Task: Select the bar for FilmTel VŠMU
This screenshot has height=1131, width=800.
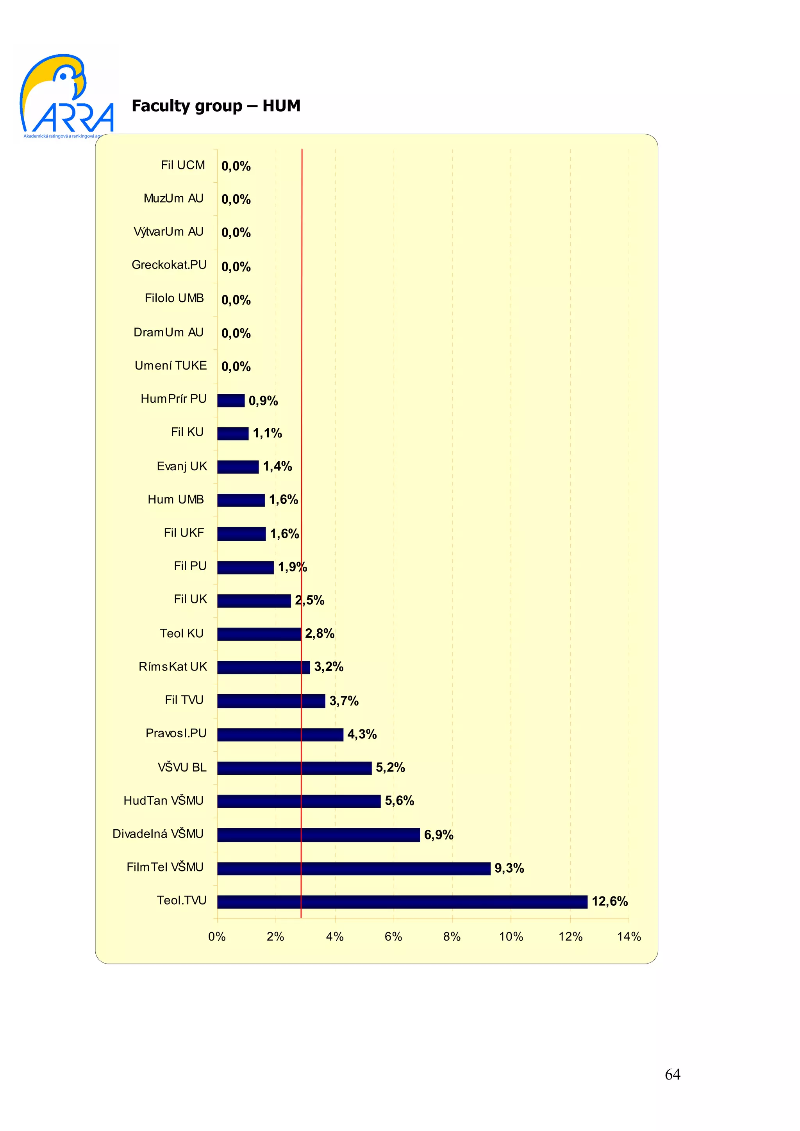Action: pyautogui.click(x=354, y=868)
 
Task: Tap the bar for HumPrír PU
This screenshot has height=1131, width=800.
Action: pyautogui.click(x=231, y=400)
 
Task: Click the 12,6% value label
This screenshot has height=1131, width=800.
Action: pyautogui.click(x=609, y=902)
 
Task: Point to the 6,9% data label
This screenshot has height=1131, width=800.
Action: pyautogui.click(x=438, y=835)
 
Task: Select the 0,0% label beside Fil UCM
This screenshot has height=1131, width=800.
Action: pyautogui.click(x=236, y=166)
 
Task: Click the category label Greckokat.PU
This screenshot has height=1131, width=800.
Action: pyautogui.click(x=169, y=265)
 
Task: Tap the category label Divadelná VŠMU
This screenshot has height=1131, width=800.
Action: pyautogui.click(x=158, y=834)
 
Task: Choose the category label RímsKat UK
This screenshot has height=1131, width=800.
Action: pyautogui.click(x=173, y=667)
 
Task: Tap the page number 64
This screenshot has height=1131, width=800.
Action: pyautogui.click(x=672, y=1074)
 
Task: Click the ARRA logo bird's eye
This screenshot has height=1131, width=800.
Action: pyautogui.click(x=63, y=75)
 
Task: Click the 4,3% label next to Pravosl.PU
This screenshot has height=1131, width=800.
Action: pyautogui.click(x=362, y=734)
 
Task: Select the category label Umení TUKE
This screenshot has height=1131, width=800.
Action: pyautogui.click(x=171, y=366)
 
